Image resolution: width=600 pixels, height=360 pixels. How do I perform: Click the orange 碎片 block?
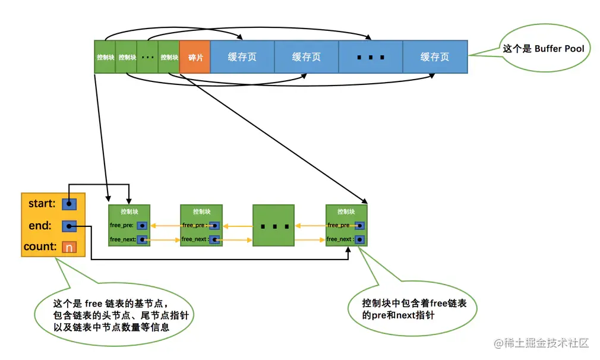click(195, 57)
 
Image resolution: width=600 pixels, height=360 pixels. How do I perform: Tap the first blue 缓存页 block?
click(242, 57)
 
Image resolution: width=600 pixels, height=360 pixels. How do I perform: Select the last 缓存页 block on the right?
click(435, 57)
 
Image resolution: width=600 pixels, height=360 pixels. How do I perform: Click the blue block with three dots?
click(371, 57)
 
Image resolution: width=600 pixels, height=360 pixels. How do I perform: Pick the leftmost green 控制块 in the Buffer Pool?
click(105, 57)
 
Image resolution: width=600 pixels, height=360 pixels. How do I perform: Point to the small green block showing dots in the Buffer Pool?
click(148, 57)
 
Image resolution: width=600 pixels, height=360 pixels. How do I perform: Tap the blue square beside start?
click(69, 204)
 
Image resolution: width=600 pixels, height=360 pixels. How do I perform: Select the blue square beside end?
click(69, 226)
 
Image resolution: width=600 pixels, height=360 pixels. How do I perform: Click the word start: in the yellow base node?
click(42, 204)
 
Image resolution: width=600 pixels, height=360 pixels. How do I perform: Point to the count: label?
click(40, 247)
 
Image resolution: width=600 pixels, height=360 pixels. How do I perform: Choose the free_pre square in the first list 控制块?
click(142, 226)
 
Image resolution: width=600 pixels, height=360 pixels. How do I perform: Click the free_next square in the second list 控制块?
click(214, 239)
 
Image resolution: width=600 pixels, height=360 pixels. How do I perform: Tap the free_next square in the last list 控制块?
click(359, 239)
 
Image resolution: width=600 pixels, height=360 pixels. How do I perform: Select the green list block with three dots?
click(273, 226)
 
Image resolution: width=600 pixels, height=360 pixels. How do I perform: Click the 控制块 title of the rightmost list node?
click(346, 211)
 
